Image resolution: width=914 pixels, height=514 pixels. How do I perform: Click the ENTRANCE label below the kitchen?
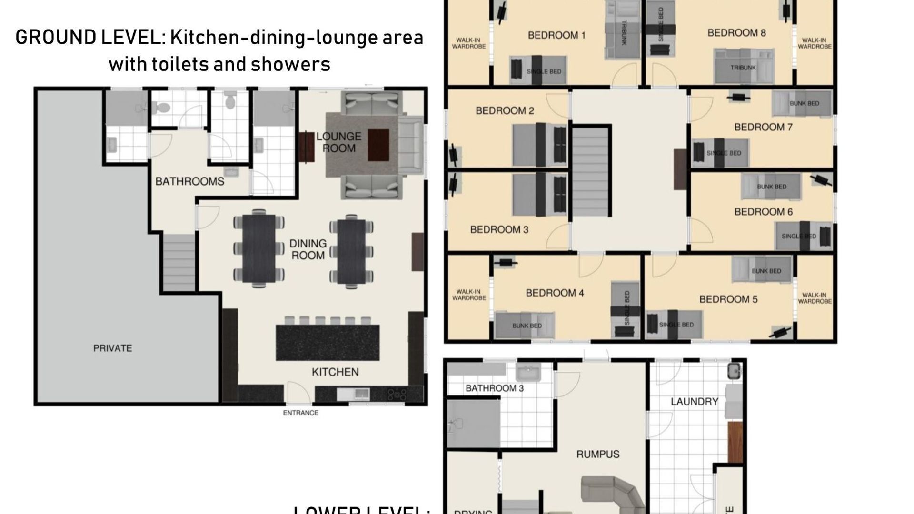click(300, 413)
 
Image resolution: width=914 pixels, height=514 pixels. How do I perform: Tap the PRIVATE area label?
click(112, 348)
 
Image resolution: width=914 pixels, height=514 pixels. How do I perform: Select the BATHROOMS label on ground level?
click(189, 181)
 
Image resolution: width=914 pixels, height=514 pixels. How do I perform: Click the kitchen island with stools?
click(328, 342)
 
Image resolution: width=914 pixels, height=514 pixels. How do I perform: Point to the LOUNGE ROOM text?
click(338, 142)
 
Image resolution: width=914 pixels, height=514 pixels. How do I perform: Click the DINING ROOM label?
click(308, 249)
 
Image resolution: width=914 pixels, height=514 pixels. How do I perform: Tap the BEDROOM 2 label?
click(505, 111)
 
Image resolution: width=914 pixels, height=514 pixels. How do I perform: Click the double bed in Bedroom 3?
click(539, 194)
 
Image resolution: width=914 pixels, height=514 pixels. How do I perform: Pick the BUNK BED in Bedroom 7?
click(802, 103)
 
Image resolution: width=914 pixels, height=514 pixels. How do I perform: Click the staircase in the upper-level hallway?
click(591, 173)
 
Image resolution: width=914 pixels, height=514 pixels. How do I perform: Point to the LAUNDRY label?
click(694, 402)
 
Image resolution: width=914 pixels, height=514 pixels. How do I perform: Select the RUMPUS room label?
click(597, 454)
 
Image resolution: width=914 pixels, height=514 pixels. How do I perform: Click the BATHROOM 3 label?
click(494, 388)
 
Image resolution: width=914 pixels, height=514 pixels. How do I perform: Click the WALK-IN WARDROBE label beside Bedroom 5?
click(815, 298)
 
